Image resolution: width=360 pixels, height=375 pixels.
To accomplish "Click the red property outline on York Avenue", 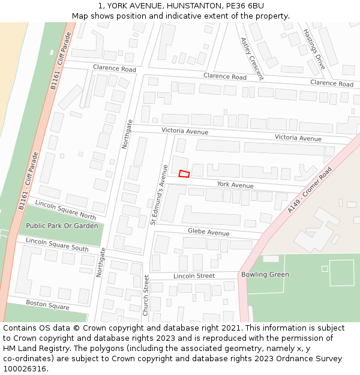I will (x=184, y=173).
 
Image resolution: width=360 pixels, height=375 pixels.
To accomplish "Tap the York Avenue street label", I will (x=235, y=185).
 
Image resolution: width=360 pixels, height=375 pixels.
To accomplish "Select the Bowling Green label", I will (x=265, y=275).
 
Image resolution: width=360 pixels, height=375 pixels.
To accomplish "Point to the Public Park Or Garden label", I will (x=62, y=226).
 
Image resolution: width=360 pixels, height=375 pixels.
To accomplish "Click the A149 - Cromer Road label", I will (x=309, y=190).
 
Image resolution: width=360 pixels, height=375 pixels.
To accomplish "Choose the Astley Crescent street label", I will (x=251, y=58).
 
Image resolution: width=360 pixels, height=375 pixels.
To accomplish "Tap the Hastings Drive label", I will (x=314, y=49).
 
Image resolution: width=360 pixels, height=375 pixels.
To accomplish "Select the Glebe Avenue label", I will (x=209, y=232).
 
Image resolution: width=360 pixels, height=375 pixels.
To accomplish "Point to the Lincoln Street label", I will (x=194, y=276).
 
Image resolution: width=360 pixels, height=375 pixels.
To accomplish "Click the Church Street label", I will (x=146, y=295).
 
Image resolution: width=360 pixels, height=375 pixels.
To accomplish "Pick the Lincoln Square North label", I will (x=65, y=209).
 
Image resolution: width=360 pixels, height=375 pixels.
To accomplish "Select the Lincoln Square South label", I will (x=57, y=244).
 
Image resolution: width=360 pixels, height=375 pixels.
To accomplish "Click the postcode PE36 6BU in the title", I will (x=248, y=5).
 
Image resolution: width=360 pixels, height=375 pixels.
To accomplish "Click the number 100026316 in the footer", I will (x=25, y=369).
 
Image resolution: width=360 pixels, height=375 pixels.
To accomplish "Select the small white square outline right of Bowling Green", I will (x=325, y=269).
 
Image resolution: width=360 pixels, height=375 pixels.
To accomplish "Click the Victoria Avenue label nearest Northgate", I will (x=185, y=131).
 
